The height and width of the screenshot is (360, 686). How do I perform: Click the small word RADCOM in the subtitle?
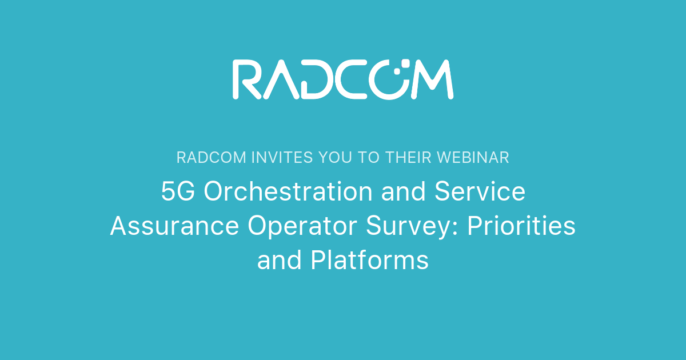(x=212, y=158)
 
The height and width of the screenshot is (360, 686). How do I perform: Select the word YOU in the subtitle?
(x=329, y=158)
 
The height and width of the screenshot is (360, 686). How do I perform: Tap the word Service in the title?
(x=480, y=192)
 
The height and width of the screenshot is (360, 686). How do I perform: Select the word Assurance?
(x=174, y=226)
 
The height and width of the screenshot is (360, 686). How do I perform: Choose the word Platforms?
(x=369, y=261)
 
